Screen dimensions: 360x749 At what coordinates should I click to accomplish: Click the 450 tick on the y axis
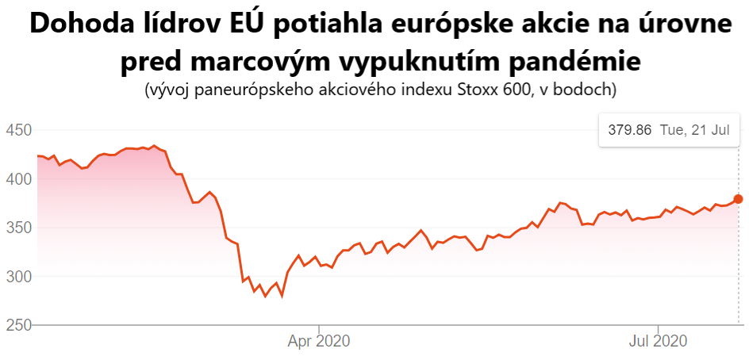point(17,130)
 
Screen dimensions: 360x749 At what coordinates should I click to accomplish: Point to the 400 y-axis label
point(17,179)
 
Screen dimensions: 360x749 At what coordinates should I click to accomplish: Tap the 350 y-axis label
point(17,228)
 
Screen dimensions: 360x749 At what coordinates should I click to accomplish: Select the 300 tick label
point(17,277)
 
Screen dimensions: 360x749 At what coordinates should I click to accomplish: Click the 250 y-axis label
point(17,325)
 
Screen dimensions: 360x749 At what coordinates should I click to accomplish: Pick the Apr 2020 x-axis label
point(318,342)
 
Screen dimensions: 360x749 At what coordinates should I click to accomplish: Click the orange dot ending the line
point(738,199)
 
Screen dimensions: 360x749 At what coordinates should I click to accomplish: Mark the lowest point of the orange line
point(266,297)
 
